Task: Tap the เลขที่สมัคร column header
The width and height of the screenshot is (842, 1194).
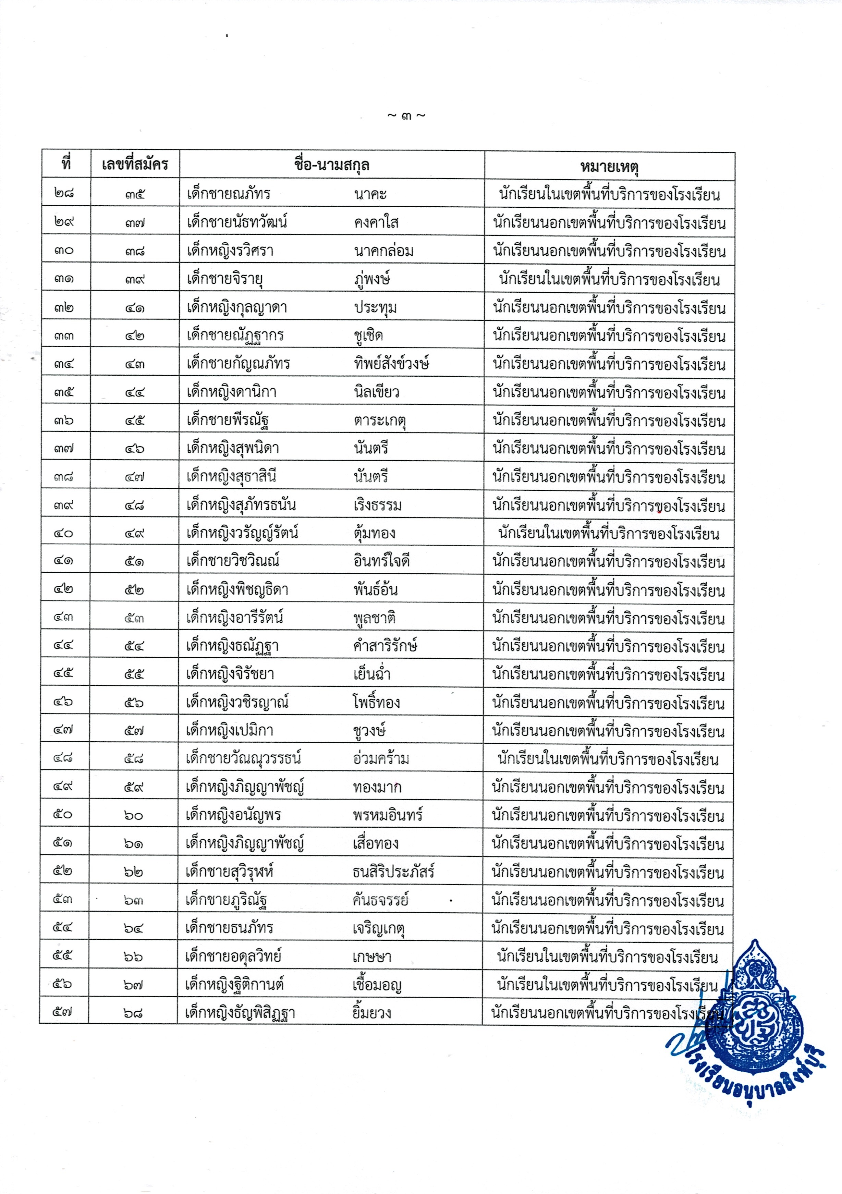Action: pyautogui.click(x=135, y=165)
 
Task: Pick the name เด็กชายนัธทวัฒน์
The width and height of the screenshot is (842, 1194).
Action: pyautogui.click(x=237, y=222)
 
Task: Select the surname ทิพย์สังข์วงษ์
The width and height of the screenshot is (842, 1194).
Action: pyautogui.click(x=391, y=364)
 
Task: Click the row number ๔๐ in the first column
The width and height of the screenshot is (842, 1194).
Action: pyautogui.click(x=63, y=533)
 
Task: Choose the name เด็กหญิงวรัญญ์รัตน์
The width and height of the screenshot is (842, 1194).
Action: pyautogui.click(x=242, y=533)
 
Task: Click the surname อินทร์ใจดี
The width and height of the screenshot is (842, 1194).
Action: pyautogui.click(x=381, y=561)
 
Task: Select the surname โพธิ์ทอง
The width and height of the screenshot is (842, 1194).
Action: pyautogui.click(x=376, y=703)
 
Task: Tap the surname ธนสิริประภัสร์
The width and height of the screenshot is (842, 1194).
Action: pyautogui.click(x=393, y=872)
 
